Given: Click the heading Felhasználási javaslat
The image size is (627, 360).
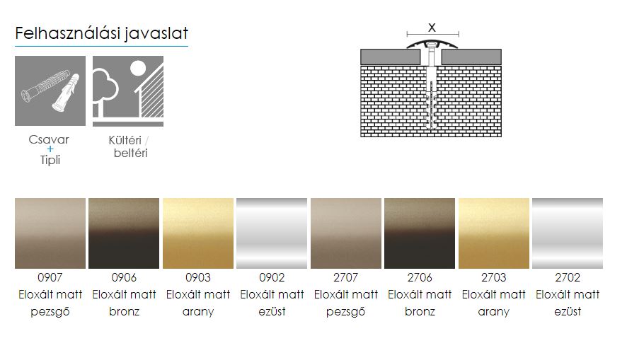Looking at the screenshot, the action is click(x=102, y=33).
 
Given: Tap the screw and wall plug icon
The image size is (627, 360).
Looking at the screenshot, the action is click(x=50, y=91).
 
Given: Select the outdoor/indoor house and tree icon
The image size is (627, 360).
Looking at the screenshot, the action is click(x=128, y=91).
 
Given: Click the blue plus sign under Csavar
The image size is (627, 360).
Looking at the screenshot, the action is click(x=50, y=149).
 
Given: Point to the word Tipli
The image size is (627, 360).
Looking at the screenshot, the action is click(x=50, y=160).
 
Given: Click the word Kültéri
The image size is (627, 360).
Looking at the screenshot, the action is click(x=125, y=140).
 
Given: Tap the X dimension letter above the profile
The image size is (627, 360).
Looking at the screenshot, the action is click(x=432, y=28).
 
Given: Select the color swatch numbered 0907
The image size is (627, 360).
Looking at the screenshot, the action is click(x=50, y=233).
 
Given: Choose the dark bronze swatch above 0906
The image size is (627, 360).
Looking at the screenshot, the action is click(x=124, y=233).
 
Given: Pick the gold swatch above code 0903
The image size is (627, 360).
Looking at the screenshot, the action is click(x=198, y=233).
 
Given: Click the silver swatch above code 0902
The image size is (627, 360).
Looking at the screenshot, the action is click(x=272, y=233).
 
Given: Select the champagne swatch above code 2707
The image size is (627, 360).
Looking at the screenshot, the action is click(x=346, y=233).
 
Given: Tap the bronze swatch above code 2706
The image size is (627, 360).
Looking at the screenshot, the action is click(x=420, y=233).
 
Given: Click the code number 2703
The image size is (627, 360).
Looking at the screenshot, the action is click(x=494, y=277).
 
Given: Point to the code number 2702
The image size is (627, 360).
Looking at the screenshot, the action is click(x=568, y=277).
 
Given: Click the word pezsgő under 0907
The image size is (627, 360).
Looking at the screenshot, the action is click(x=50, y=312).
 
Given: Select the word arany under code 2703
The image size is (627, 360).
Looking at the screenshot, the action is click(x=494, y=312).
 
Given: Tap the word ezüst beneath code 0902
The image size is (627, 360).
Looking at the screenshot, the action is click(x=272, y=311).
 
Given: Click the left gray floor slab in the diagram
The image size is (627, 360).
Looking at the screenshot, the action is click(x=391, y=57).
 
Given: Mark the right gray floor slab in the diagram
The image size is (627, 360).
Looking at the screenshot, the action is click(x=471, y=57).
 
